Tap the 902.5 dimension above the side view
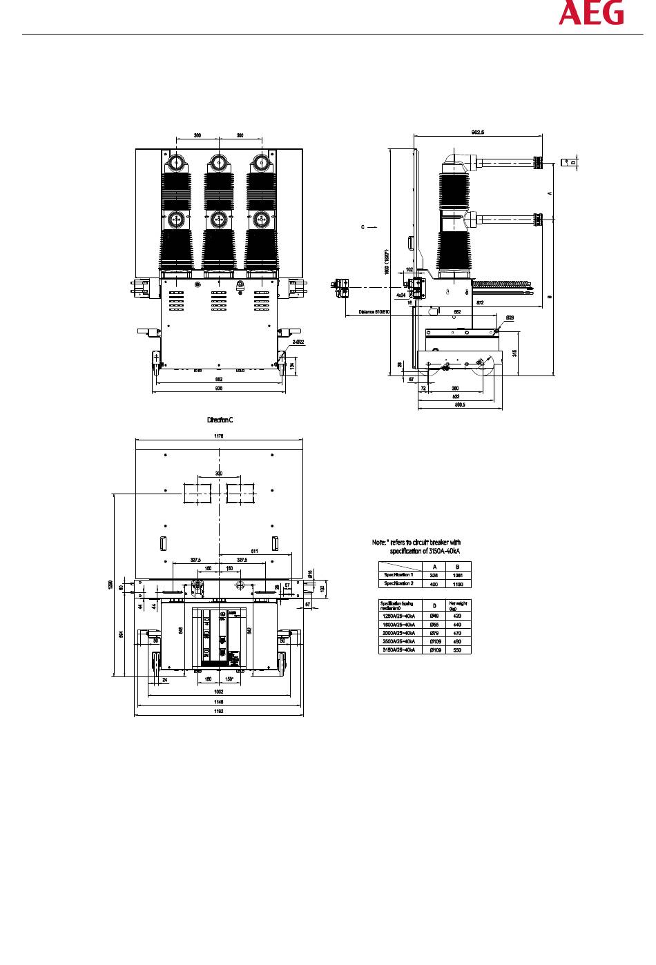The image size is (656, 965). (x=477, y=132)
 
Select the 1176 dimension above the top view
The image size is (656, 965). (x=219, y=436)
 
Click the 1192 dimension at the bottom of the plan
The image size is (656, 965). (x=219, y=710)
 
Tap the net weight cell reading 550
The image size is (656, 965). (x=457, y=650)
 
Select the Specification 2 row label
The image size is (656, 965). (x=399, y=583)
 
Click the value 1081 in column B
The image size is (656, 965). (x=457, y=575)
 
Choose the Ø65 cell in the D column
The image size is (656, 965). (x=434, y=624)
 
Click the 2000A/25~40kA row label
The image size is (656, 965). (x=399, y=632)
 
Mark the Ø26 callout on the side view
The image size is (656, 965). (x=510, y=318)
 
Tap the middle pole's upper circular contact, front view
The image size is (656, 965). (x=218, y=163)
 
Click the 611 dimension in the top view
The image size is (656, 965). (x=255, y=551)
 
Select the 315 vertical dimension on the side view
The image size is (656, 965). (x=515, y=352)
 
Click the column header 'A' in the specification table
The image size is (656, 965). (x=434, y=567)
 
